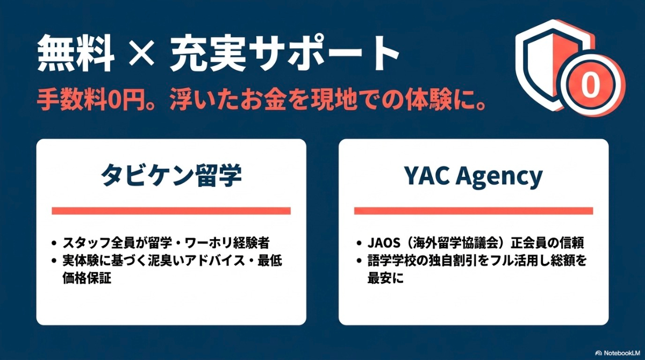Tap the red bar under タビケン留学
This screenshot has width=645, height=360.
coord(171,211)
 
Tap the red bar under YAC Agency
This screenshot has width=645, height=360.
coord(474,211)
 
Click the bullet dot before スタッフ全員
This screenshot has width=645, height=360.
coord(54,243)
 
